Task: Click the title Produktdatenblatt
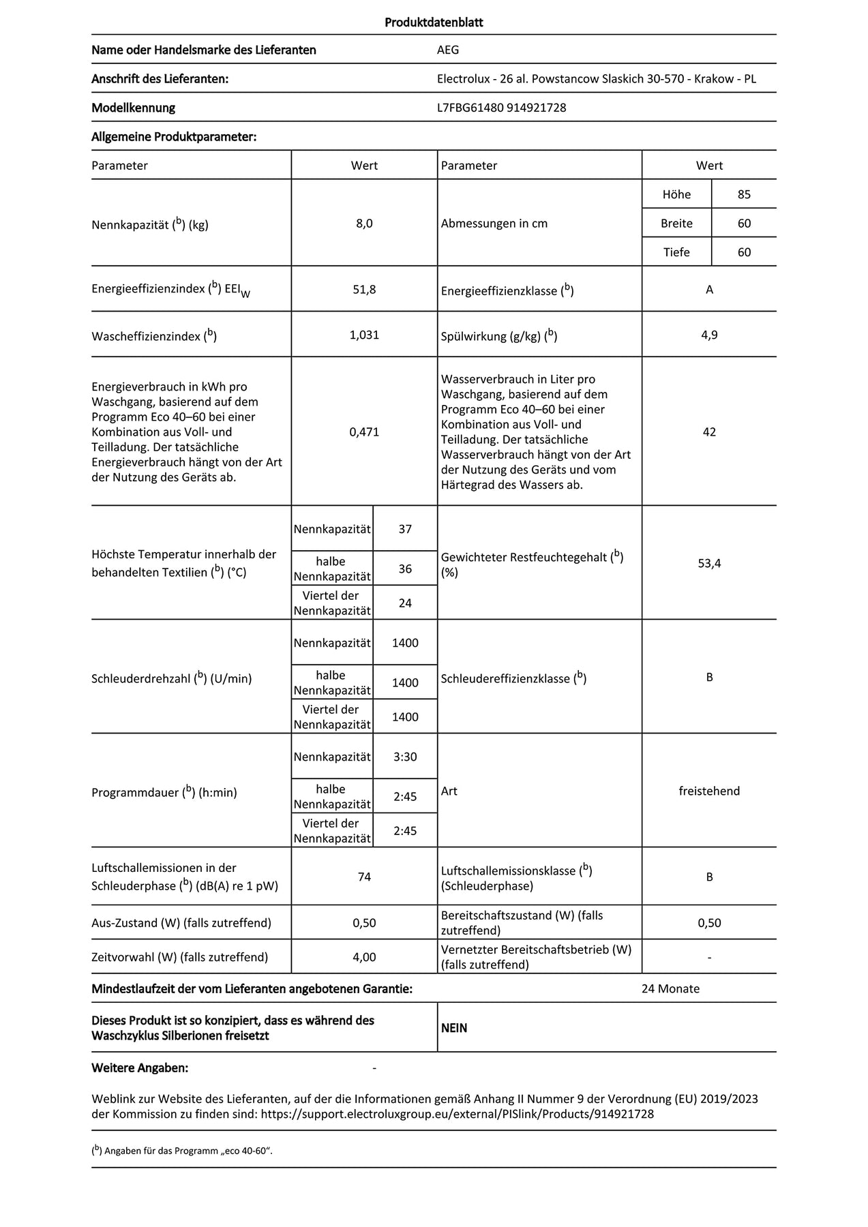[x=434, y=22]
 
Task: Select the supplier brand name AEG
[x=448, y=50]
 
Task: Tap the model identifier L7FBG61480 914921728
[x=501, y=108]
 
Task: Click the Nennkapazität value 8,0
[x=364, y=224]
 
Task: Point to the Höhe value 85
[x=744, y=194]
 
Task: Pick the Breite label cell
[x=676, y=224]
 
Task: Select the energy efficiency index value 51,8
[x=364, y=290]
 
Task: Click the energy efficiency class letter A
[x=709, y=290]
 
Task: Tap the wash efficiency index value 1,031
[x=364, y=335]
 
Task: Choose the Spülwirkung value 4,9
[x=709, y=335]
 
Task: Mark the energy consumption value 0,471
[x=364, y=432]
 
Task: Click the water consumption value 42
[x=709, y=432]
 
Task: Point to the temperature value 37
[x=405, y=529]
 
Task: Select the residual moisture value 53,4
[x=709, y=564]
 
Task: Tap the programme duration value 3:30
[x=405, y=757]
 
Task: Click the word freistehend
[x=709, y=791]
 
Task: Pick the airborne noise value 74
[x=364, y=877]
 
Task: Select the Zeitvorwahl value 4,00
[x=364, y=957]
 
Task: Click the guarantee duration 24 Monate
[x=670, y=989]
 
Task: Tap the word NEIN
[x=454, y=1028]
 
